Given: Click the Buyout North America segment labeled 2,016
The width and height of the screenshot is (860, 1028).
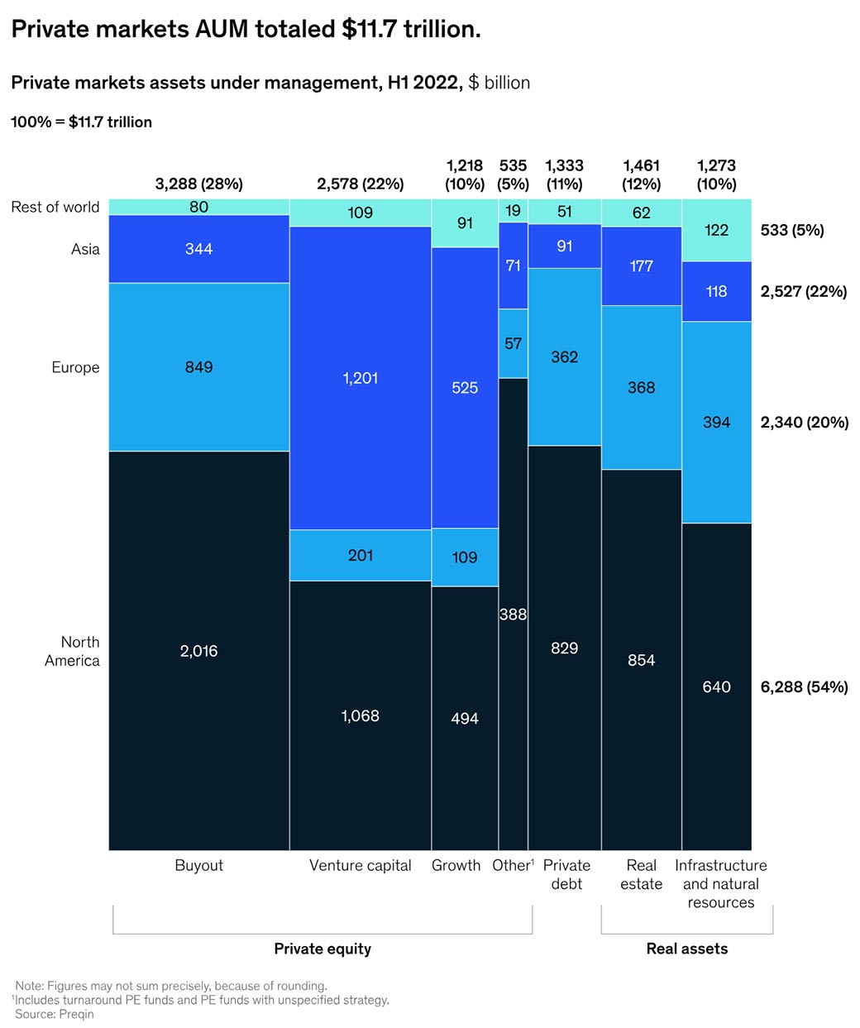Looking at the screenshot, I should pyautogui.click(x=198, y=651).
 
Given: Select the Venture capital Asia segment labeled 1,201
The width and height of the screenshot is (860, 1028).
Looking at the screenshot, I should pyautogui.click(x=360, y=378).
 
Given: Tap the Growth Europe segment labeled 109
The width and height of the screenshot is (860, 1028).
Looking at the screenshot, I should pyautogui.click(x=465, y=557).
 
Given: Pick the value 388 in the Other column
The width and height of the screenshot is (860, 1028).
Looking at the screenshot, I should pyautogui.click(x=513, y=614).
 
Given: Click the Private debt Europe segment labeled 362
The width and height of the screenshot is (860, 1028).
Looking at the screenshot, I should pyautogui.click(x=564, y=357).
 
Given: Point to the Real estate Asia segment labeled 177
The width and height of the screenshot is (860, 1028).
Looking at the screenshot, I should pyautogui.click(x=641, y=266).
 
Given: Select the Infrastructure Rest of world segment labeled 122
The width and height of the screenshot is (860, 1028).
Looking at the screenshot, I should pyautogui.click(x=716, y=230).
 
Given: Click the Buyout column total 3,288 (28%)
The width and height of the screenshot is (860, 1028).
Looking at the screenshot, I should pyautogui.click(x=198, y=184).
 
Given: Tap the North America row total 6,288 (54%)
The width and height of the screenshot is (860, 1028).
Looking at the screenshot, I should pyautogui.click(x=804, y=686).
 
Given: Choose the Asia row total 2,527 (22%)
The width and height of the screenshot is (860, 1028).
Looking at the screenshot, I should pyautogui.click(x=803, y=291).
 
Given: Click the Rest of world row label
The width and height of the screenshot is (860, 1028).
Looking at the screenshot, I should pyautogui.click(x=55, y=207).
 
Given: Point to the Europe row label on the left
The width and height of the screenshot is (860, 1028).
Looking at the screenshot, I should pyautogui.click(x=75, y=367).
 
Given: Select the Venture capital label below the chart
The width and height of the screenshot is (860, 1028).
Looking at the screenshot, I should pyautogui.click(x=360, y=865).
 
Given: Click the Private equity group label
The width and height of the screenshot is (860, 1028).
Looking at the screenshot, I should pyautogui.click(x=322, y=949).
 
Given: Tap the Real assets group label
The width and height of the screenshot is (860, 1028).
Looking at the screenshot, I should pyautogui.click(x=686, y=949).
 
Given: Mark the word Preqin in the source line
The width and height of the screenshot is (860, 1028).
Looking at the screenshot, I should pyautogui.click(x=76, y=1014).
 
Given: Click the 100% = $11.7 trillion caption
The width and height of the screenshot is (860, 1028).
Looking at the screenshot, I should pyautogui.click(x=81, y=122).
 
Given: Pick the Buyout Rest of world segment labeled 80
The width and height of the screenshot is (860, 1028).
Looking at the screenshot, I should pyautogui.click(x=198, y=207).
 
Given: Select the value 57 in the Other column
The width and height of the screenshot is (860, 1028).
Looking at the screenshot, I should pyautogui.click(x=513, y=343).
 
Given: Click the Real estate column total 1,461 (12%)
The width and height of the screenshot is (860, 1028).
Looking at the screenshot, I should pyautogui.click(x=641, y=175).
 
